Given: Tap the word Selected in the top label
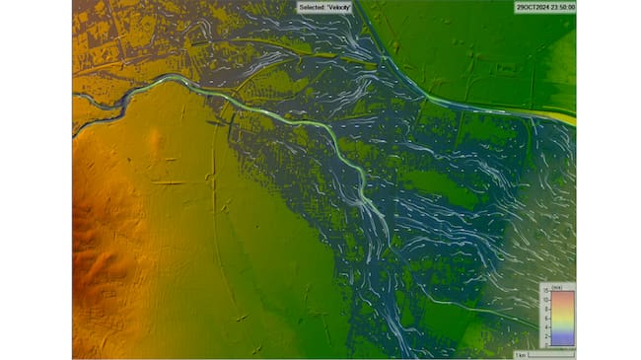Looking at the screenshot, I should click(x=314, y=7).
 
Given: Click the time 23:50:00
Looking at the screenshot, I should click(x=562, y=7).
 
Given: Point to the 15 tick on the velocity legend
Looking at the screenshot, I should click(x=544, y=293).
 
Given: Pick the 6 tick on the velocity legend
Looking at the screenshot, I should click(x=545, y=318).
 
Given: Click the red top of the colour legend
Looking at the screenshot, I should click(x=562, y=296).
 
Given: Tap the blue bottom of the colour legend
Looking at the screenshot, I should click(x=562, y=340).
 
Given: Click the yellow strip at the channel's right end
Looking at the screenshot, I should click(x=562, y=117).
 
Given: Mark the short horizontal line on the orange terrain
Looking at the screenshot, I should click(x=166, y=182).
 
